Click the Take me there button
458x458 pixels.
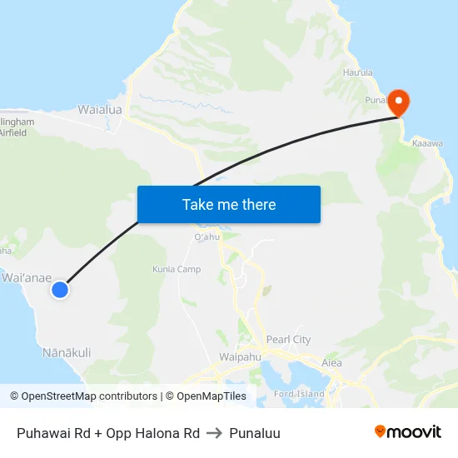(228, 204)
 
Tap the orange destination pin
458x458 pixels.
(400, 102)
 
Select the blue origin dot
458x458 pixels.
(59, 289)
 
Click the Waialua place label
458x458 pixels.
(100, 109)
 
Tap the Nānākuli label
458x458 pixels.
(67, 353)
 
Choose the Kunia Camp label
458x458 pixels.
(177, 269)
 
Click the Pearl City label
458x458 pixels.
(288, 340)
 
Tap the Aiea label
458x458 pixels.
(331, 362)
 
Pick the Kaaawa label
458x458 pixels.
(428, 143)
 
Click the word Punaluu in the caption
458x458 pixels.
(255, 433)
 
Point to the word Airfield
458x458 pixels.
(16, 132)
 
